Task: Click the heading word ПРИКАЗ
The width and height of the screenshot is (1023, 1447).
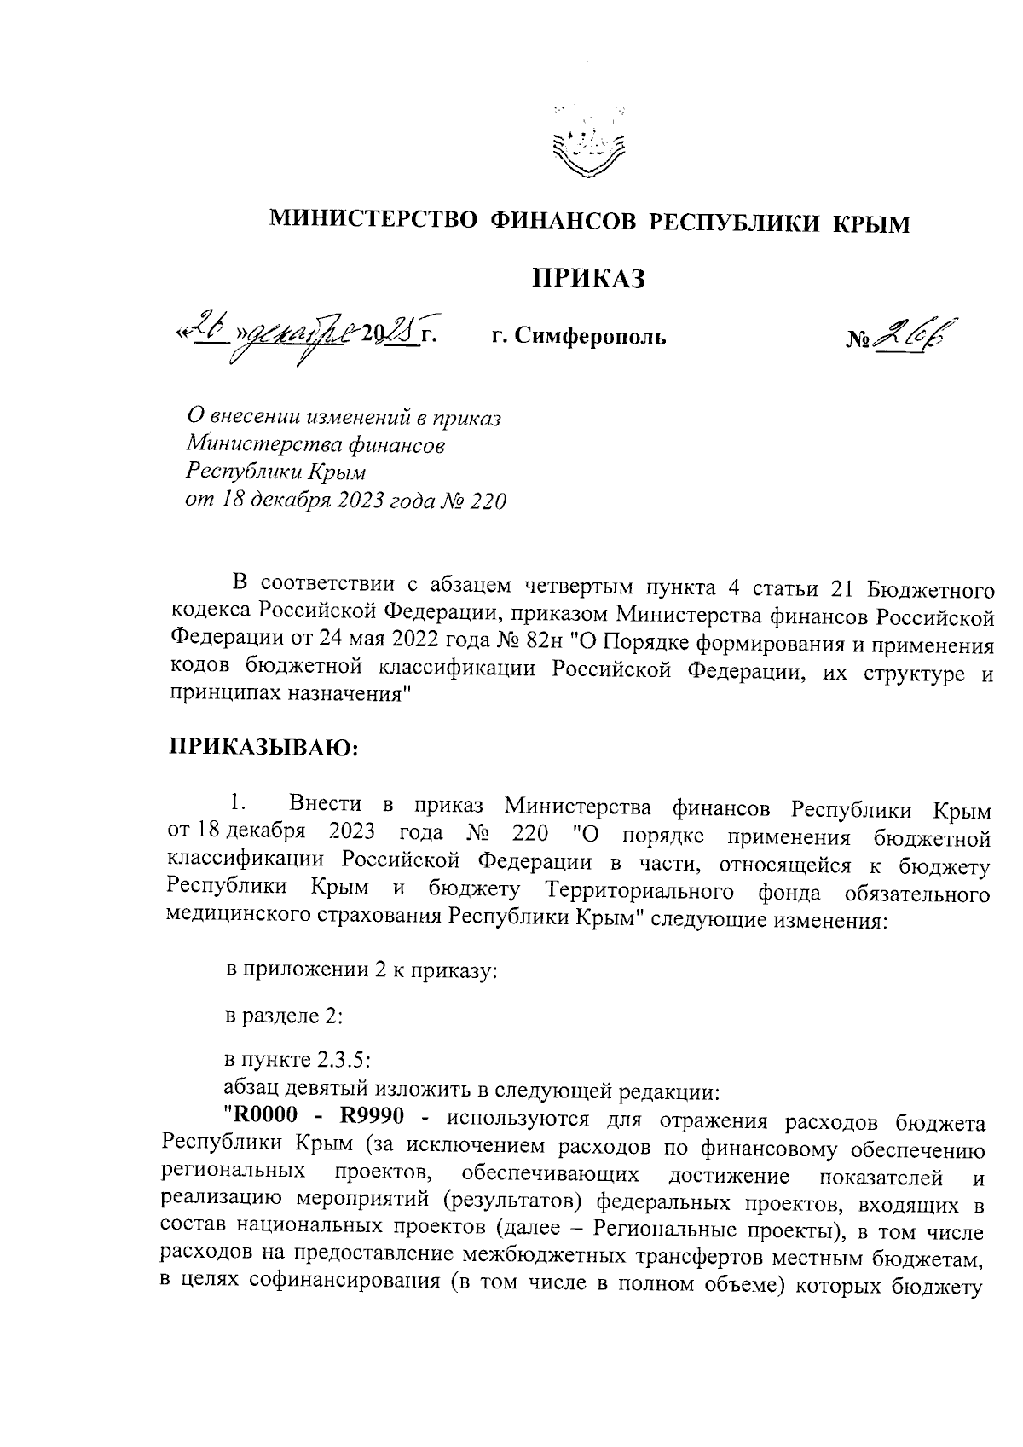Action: coord(588,278)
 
